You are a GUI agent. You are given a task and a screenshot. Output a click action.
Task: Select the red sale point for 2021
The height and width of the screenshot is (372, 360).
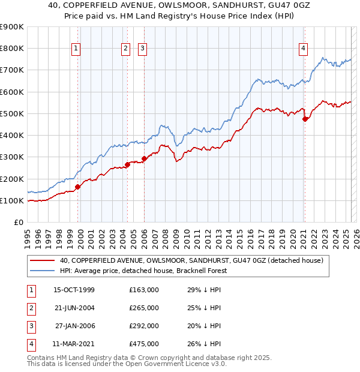coord(305,119)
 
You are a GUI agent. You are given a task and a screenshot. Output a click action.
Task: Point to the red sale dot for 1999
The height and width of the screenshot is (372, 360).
coord(77,187)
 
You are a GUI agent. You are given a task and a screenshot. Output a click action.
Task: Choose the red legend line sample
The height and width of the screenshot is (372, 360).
coord(43,260)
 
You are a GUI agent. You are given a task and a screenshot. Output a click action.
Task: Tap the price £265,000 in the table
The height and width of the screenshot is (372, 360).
coord(144,308)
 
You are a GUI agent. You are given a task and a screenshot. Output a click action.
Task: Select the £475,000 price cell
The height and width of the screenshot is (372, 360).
coord(144,344)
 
